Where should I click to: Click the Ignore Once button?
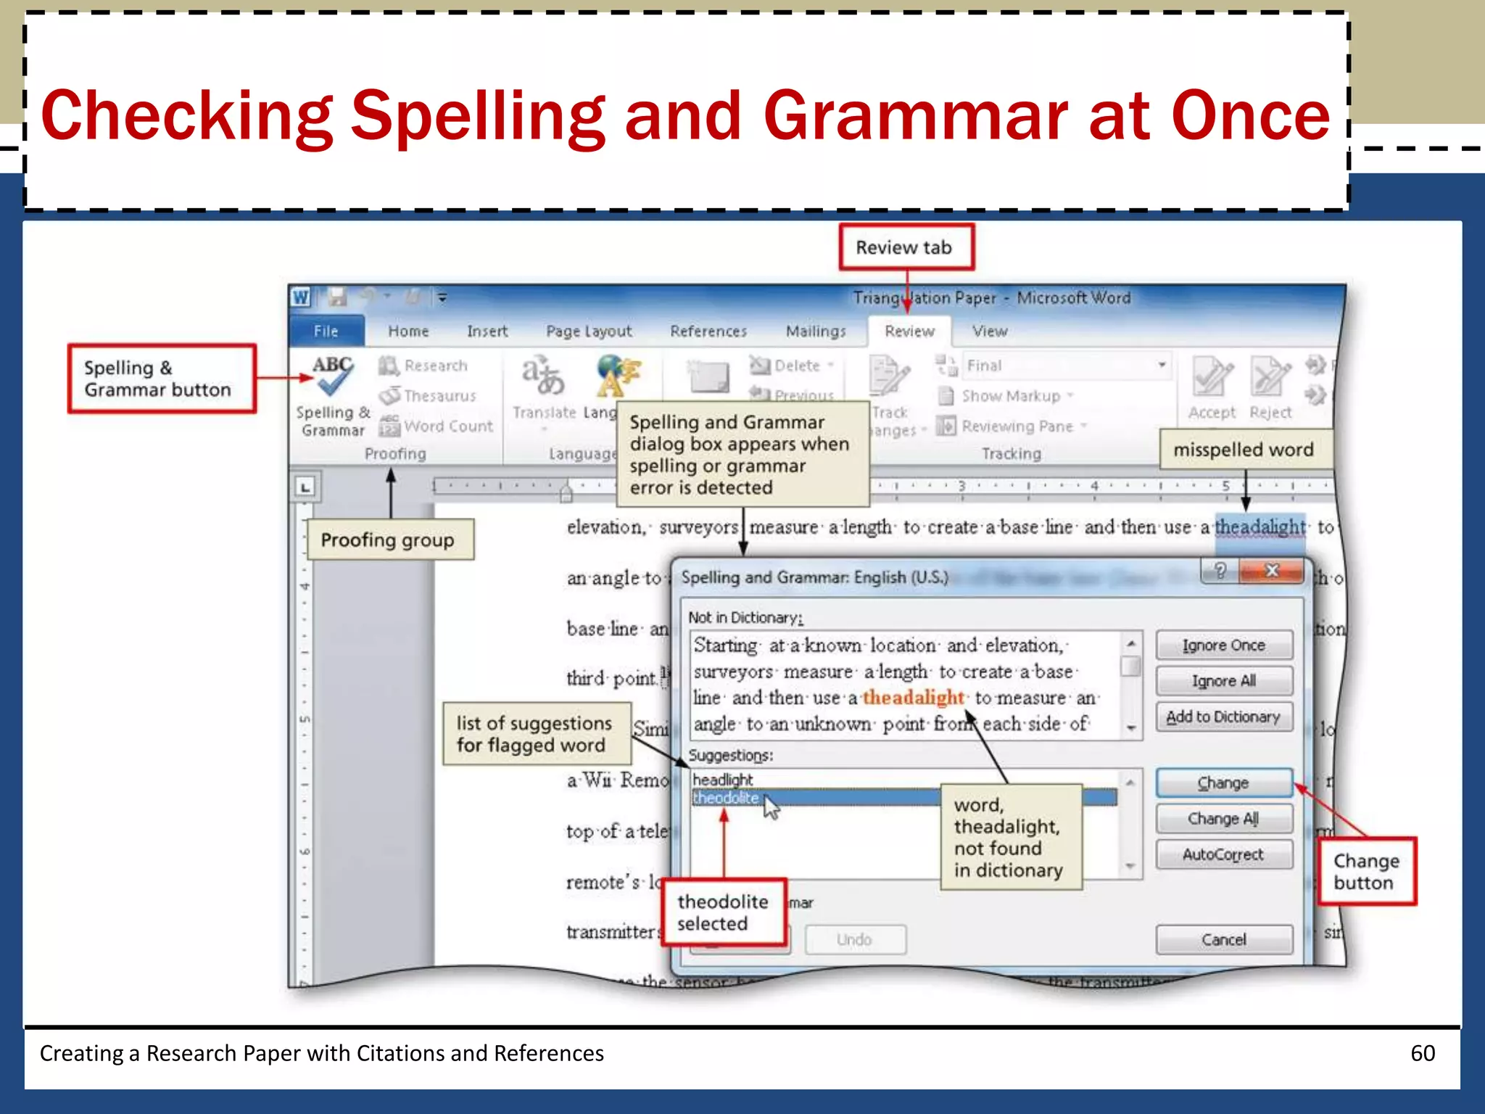point(1223,645)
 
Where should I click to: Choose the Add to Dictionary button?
point(1223,717)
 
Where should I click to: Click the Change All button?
point(1223,819)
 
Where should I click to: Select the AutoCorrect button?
point(1223,854)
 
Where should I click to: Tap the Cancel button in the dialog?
point(1223,939)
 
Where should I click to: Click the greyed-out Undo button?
point(854,939)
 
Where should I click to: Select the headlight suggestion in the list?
point(723,780)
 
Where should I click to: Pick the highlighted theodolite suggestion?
point(726,798)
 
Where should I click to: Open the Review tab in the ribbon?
point(909,331)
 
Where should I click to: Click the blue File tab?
point(326,331)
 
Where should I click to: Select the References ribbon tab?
point(708,331)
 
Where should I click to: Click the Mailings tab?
point(816,331)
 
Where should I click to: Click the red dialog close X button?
point(1272,571)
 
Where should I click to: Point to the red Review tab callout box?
point(905,247)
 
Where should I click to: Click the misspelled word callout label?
point(1243,450)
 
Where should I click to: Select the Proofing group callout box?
point(389,540)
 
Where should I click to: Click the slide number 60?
point(1423,1053)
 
